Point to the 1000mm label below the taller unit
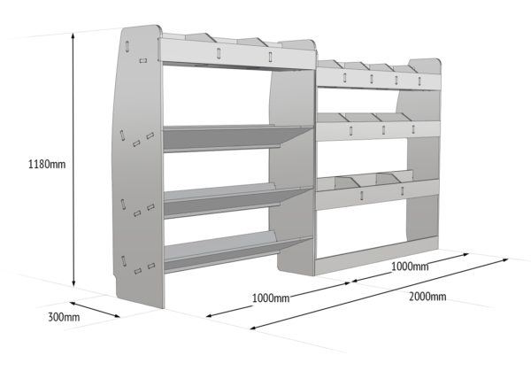click(x=271, y=298)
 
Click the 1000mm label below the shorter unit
click(x=410, y=266)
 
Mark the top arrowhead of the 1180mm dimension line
click(x=73, y=35)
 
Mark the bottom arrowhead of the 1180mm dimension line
click(x=73, y=283)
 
